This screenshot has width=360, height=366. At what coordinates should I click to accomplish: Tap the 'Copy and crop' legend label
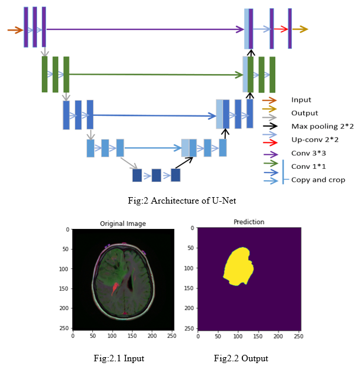click(x=318, y=179)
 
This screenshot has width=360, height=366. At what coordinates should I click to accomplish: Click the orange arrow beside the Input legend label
click(x=269, y=100)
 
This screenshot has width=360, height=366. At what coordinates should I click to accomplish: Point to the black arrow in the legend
click(x=269, y=127)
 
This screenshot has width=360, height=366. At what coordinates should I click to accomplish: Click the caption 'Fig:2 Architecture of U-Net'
click(x=182, y=201)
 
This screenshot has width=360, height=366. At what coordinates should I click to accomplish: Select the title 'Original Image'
click(x=123, y=224)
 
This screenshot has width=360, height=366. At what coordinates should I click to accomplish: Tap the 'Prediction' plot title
click(x=249, y=222)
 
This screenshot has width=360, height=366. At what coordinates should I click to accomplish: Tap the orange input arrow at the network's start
click(x=15, y=29)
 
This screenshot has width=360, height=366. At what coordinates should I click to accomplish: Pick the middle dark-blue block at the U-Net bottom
click(x=156, y=175)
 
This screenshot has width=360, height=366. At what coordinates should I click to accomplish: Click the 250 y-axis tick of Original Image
click(x=66, y=328)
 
